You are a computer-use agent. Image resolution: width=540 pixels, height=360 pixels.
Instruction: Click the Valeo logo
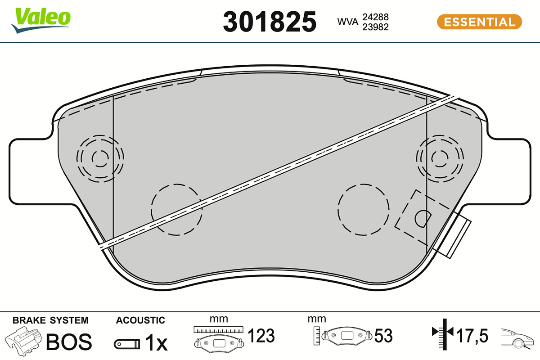[41, 20]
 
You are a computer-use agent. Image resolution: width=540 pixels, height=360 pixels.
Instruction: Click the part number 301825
[270, 22]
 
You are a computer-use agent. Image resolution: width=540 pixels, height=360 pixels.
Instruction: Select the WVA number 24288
[376, 17]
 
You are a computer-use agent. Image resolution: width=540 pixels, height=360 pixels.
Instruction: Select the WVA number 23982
[376, 27]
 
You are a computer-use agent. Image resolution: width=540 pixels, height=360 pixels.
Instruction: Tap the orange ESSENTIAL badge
[480, 22]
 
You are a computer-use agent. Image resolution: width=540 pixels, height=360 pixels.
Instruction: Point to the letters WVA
[347, 22]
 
